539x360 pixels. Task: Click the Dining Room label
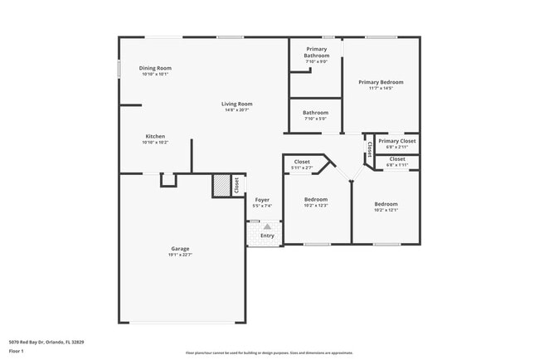point(155,68)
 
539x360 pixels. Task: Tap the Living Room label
point(236,104)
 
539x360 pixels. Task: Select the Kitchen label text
point(155,136)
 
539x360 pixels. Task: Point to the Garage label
point(180,249)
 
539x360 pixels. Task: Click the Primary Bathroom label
point(316,52)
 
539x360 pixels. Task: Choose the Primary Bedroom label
point(381,82)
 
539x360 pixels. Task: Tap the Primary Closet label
point(397,141)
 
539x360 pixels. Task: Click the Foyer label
point(262,200)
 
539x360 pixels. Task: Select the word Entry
point(267,236)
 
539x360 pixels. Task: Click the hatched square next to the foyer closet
point(221,186)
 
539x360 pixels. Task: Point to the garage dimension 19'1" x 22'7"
point(180,255)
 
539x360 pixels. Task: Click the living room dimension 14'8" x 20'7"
point(236,109)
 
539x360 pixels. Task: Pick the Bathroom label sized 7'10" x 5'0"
point(315,113)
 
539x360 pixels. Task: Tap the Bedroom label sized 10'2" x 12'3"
point(315,199)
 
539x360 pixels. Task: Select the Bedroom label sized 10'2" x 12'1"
point(386,204)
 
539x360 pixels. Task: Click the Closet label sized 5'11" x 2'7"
point(302,162)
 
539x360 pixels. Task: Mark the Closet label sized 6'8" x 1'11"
point(397,158)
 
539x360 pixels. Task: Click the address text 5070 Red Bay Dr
point(46,342)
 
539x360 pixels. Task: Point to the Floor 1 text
point(17,352)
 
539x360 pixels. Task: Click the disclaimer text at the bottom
point(269,353)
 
